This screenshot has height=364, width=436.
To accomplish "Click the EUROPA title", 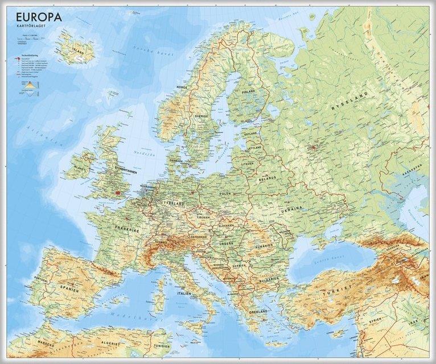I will (36, 17).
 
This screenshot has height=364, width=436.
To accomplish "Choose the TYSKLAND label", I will (176, 203).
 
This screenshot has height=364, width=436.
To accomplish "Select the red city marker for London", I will (118, 191).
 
